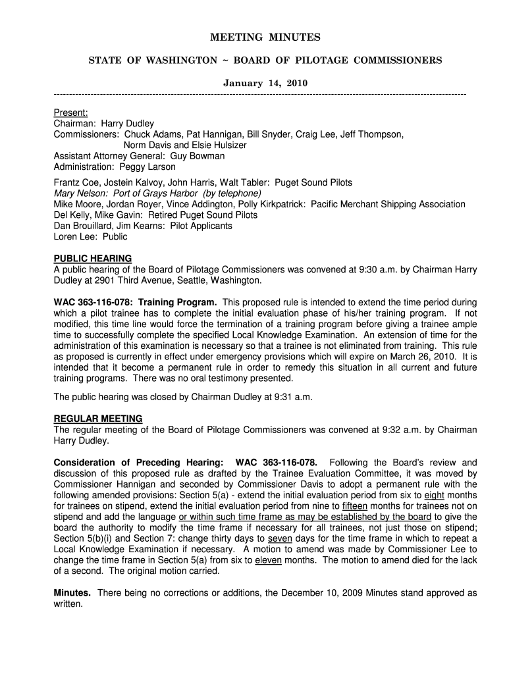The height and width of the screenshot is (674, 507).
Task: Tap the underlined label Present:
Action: point(70,113)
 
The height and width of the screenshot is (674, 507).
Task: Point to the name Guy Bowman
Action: point(198,156)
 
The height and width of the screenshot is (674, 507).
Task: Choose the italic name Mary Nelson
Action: point(77,194)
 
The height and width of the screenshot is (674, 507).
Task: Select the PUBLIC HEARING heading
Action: point(92,258)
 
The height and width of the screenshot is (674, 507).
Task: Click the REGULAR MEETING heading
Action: point(97,419)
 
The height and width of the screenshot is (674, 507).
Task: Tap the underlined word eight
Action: point(434,495)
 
